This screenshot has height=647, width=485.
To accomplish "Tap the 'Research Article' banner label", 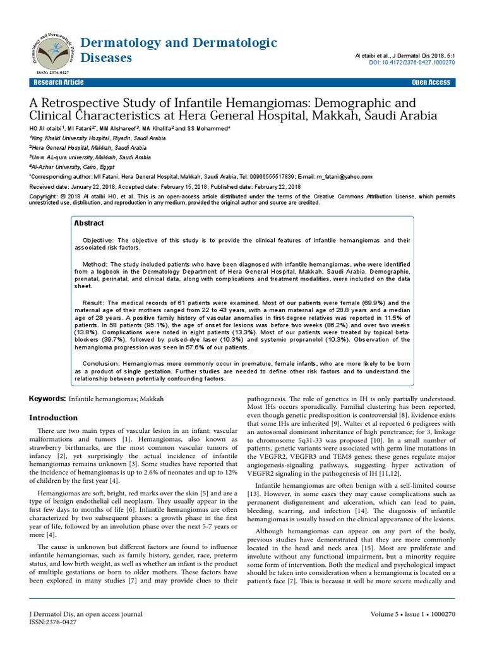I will (58, 83).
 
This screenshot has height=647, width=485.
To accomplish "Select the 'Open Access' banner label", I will (431, 83).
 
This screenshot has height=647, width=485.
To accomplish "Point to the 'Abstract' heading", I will (89, 223).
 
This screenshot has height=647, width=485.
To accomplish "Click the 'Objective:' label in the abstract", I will (98, 241).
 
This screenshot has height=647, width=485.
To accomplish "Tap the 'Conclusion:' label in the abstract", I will (101, 363).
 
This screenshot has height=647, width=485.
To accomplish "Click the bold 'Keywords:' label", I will (48, 399).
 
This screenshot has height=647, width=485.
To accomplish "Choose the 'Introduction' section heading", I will (54, 418).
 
